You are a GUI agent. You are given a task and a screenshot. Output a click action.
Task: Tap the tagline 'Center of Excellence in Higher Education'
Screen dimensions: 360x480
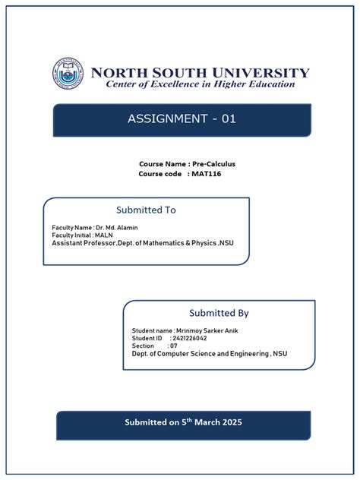200,84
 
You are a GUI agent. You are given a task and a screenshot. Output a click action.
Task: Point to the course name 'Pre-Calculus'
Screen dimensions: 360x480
213,164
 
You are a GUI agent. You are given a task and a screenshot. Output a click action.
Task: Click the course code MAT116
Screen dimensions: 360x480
207,174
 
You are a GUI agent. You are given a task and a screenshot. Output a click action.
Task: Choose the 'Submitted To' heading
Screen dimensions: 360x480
146,210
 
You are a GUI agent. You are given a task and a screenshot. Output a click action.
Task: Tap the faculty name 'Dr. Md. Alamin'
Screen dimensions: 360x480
117,227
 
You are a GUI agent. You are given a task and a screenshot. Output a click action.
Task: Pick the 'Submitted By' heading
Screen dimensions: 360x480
219,313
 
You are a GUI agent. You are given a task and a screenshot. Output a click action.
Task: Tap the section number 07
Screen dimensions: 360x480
173,346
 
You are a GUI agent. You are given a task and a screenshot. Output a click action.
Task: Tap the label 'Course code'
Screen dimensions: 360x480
159,174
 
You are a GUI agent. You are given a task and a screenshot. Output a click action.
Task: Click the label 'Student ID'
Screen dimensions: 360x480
148,339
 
